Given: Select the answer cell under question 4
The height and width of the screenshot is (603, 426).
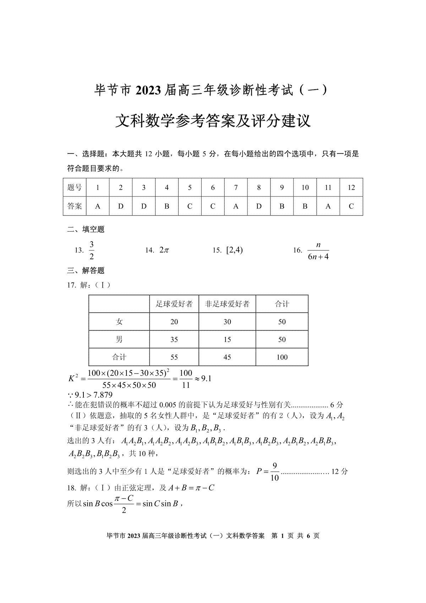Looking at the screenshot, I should (x=167, y=206).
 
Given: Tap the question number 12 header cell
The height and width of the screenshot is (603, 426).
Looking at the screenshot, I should (x=351, y=188).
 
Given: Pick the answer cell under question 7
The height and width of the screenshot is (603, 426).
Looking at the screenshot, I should (x=236, y=206).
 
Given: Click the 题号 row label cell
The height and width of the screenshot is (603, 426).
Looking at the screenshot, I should (x=75, y=188).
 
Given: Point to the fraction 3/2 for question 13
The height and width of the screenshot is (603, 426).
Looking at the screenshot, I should (x=92, y=250).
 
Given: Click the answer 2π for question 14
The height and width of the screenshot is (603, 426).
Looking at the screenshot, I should (x=164, y=250).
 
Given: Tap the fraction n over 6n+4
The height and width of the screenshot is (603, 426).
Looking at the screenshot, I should (x=318, y=251).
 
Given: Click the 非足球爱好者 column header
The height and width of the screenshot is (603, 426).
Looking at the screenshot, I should (x=227, y=304).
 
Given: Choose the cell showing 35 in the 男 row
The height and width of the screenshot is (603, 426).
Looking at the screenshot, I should (x=174, y=339).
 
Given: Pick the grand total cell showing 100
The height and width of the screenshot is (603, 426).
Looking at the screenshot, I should (x=282, y=357).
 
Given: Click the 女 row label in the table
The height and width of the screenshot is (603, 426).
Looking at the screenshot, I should (x=119, y=322).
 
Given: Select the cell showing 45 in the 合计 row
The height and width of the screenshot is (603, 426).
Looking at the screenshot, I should (x=227, y=357).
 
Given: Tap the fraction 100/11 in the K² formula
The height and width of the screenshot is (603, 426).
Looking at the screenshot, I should (x=186, y=379).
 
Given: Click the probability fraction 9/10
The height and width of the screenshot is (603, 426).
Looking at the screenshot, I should (x=274, y=472).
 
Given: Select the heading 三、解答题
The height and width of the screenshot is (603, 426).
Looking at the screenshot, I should (x=86, y=271).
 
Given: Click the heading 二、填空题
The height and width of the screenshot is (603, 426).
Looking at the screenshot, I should (x=86, y=229).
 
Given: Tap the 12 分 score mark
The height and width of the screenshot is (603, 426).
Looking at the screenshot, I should (x=339, y=472).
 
